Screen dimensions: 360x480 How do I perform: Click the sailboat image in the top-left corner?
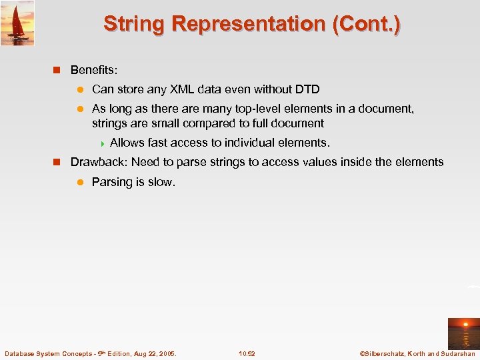tap(17, 23)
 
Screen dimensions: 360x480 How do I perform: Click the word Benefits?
tap(94, 69)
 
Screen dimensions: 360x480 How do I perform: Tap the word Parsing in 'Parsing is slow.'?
tap(113, 182)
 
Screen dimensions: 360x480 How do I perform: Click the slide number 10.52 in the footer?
tap(247, 353)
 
